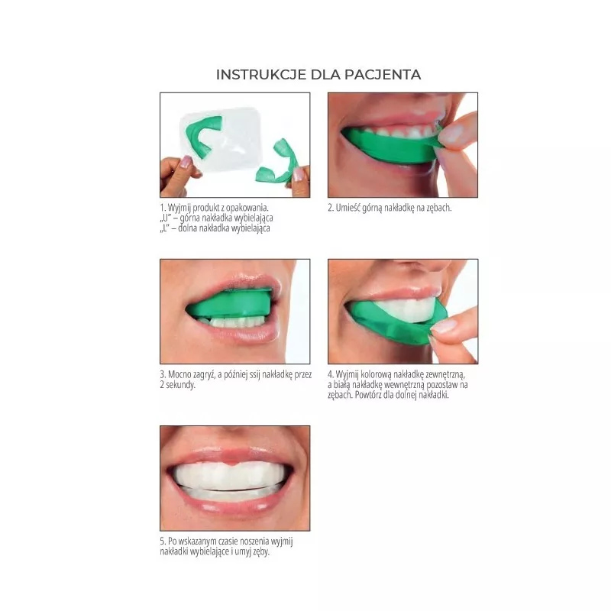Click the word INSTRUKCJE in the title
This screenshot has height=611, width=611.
[x=261, y=74]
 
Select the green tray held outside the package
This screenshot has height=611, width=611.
[x=277, y=163]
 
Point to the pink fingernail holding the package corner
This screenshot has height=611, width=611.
[x=186, y=161]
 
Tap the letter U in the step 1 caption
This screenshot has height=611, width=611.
[x=166, y=218]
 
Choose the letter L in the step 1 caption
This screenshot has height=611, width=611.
[x=165, y=228]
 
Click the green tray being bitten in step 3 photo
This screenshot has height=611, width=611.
[x=230, y=303]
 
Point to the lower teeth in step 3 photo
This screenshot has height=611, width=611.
[x=233, y=322]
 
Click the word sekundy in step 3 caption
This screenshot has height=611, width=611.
[x=180, y=385]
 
